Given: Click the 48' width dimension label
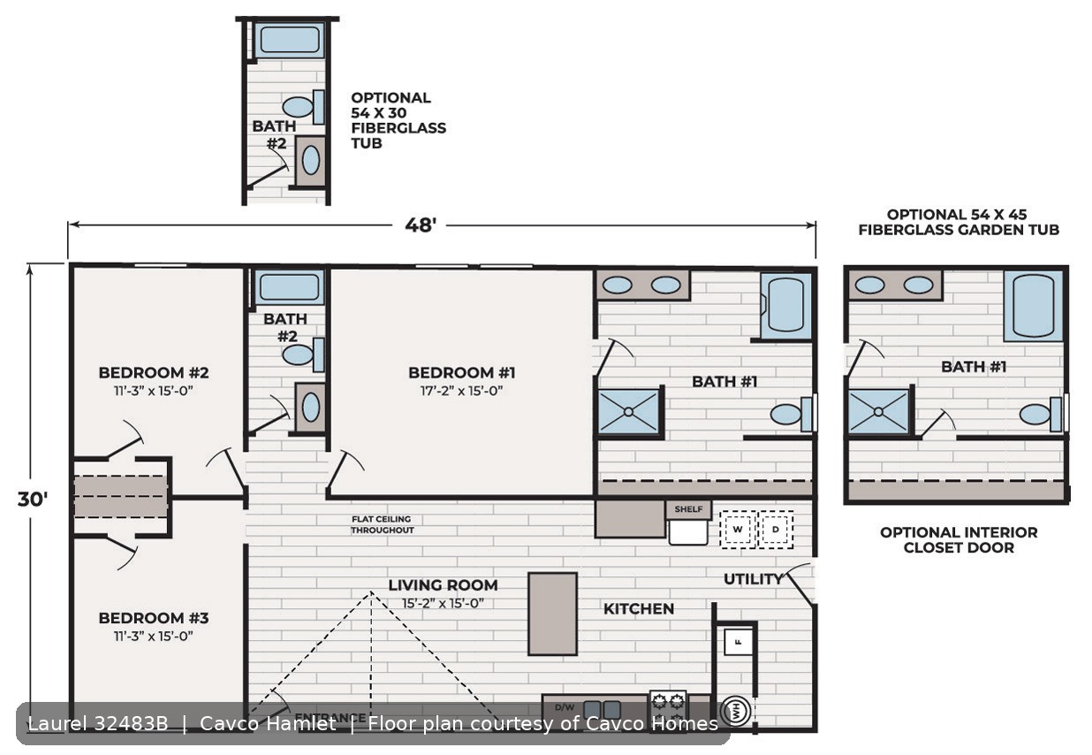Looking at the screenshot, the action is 421,225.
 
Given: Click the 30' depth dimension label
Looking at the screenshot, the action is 33,500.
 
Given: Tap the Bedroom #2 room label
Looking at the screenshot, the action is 154,372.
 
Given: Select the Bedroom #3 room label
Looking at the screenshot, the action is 154,618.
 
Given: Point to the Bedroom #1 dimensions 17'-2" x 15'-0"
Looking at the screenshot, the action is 461,391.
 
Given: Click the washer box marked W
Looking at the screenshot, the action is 738,530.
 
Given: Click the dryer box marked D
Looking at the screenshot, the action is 776,530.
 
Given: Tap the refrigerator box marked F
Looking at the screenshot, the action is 738,642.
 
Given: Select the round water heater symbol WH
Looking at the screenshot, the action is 736,712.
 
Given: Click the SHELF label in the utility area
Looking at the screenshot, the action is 688,509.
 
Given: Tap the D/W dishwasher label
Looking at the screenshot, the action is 565,707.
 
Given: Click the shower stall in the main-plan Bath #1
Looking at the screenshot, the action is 628,412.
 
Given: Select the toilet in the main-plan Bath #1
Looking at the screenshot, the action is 792,414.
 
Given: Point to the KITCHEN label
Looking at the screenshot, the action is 639,608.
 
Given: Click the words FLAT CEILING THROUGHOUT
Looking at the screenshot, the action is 383,524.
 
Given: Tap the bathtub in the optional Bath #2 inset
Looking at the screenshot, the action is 290,40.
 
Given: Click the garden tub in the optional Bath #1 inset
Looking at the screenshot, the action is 1033,306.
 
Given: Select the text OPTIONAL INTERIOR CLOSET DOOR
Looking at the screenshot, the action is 959,540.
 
